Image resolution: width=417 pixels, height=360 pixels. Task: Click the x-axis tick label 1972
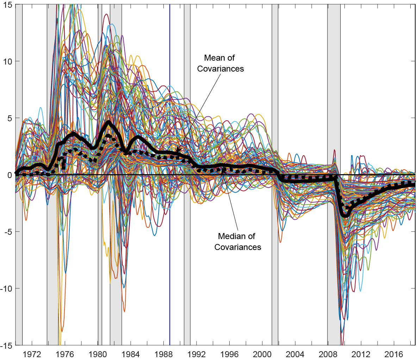[32, 354]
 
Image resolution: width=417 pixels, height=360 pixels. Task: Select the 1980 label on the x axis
[98, 354]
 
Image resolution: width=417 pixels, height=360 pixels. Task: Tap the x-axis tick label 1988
[164, 354]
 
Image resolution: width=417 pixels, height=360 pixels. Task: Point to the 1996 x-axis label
[230, 354]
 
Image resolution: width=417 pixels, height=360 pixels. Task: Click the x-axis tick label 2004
[295, 354]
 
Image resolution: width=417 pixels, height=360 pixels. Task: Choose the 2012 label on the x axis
[361, 354]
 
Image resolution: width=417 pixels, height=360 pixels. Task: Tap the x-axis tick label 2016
[394, 354]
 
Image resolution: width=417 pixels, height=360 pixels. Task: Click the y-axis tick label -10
[7, 289]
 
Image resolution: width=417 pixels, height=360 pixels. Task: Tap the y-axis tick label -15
[7, 346]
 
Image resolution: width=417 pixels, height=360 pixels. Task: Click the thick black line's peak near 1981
[108, 122]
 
